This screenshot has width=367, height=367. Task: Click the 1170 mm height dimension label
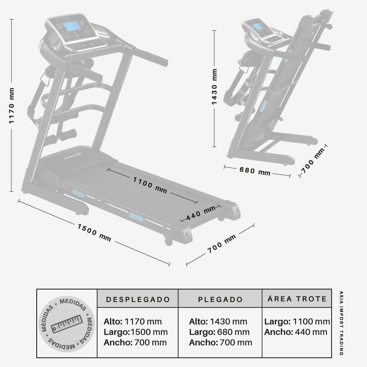click(x=12, y=106)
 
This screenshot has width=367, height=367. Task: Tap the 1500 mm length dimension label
click(x=94, y=232)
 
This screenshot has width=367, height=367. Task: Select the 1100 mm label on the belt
click(x=150, y=185)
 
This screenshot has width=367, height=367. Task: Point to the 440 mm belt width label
click(x=201, y=213)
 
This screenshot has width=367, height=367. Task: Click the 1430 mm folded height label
click(x=215, y=87)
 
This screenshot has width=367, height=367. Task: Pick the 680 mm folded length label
click(x=255, y=171)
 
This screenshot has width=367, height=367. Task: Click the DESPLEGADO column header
click(x=138, y=299)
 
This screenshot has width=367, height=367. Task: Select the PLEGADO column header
click(x=220, y=299)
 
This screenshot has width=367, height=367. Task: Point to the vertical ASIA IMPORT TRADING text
click(x=341, y=323)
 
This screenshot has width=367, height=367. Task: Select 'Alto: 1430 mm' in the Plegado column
click(x=218, y=322)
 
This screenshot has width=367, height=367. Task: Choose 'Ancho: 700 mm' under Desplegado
click(x=135, y=343)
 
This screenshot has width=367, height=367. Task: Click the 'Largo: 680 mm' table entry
click(x=219, y=332)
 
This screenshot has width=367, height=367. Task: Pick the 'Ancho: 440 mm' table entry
click(x=295, y=332)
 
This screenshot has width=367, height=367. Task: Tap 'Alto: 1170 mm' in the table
click(x=132, y=322)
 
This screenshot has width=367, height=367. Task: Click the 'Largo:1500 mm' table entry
click(x=135, y=332)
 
